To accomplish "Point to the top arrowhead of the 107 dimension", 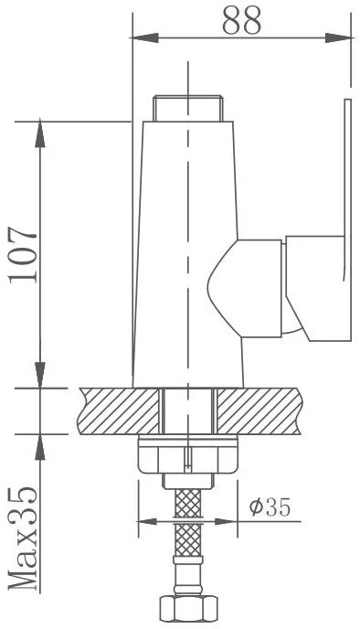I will click(x=40, y=128).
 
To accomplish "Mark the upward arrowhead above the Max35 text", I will click(x=40, y=442).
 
